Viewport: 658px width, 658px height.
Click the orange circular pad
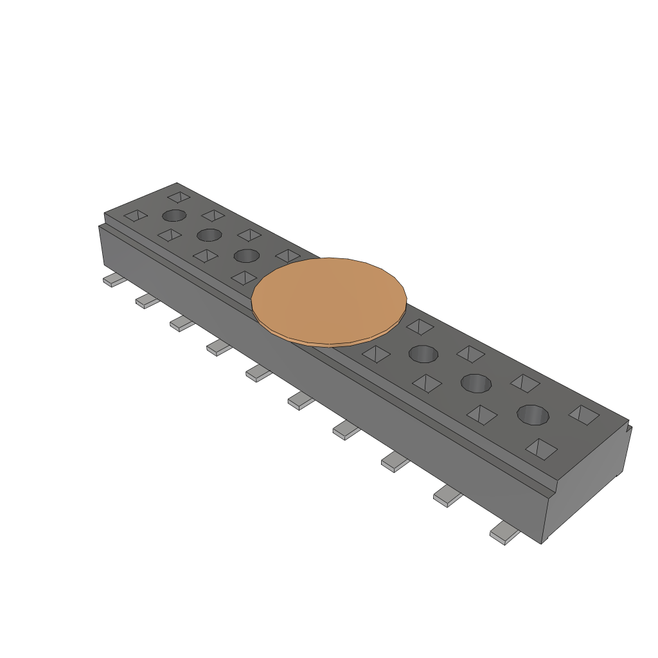point(329,301)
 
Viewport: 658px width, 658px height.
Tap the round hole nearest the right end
point(533,415)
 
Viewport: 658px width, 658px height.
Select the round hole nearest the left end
point(174,215)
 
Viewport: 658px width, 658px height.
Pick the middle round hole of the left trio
point(209,235)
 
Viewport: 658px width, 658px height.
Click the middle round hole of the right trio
point(476,383)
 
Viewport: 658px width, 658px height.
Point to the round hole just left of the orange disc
point(246,256)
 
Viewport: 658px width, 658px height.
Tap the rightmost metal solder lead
point(504,535)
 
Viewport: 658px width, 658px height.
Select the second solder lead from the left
point(147,301)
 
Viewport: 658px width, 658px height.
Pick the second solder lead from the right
point(447,497)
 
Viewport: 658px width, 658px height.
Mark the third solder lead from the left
point(182,323)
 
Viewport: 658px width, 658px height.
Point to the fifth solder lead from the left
point(258,373)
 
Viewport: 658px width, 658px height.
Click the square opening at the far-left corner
point(136,216)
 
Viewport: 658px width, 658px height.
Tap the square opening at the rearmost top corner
point(179,197)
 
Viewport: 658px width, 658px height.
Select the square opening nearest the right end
point(583,414)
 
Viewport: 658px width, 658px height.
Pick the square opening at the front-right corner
point(540,448)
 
